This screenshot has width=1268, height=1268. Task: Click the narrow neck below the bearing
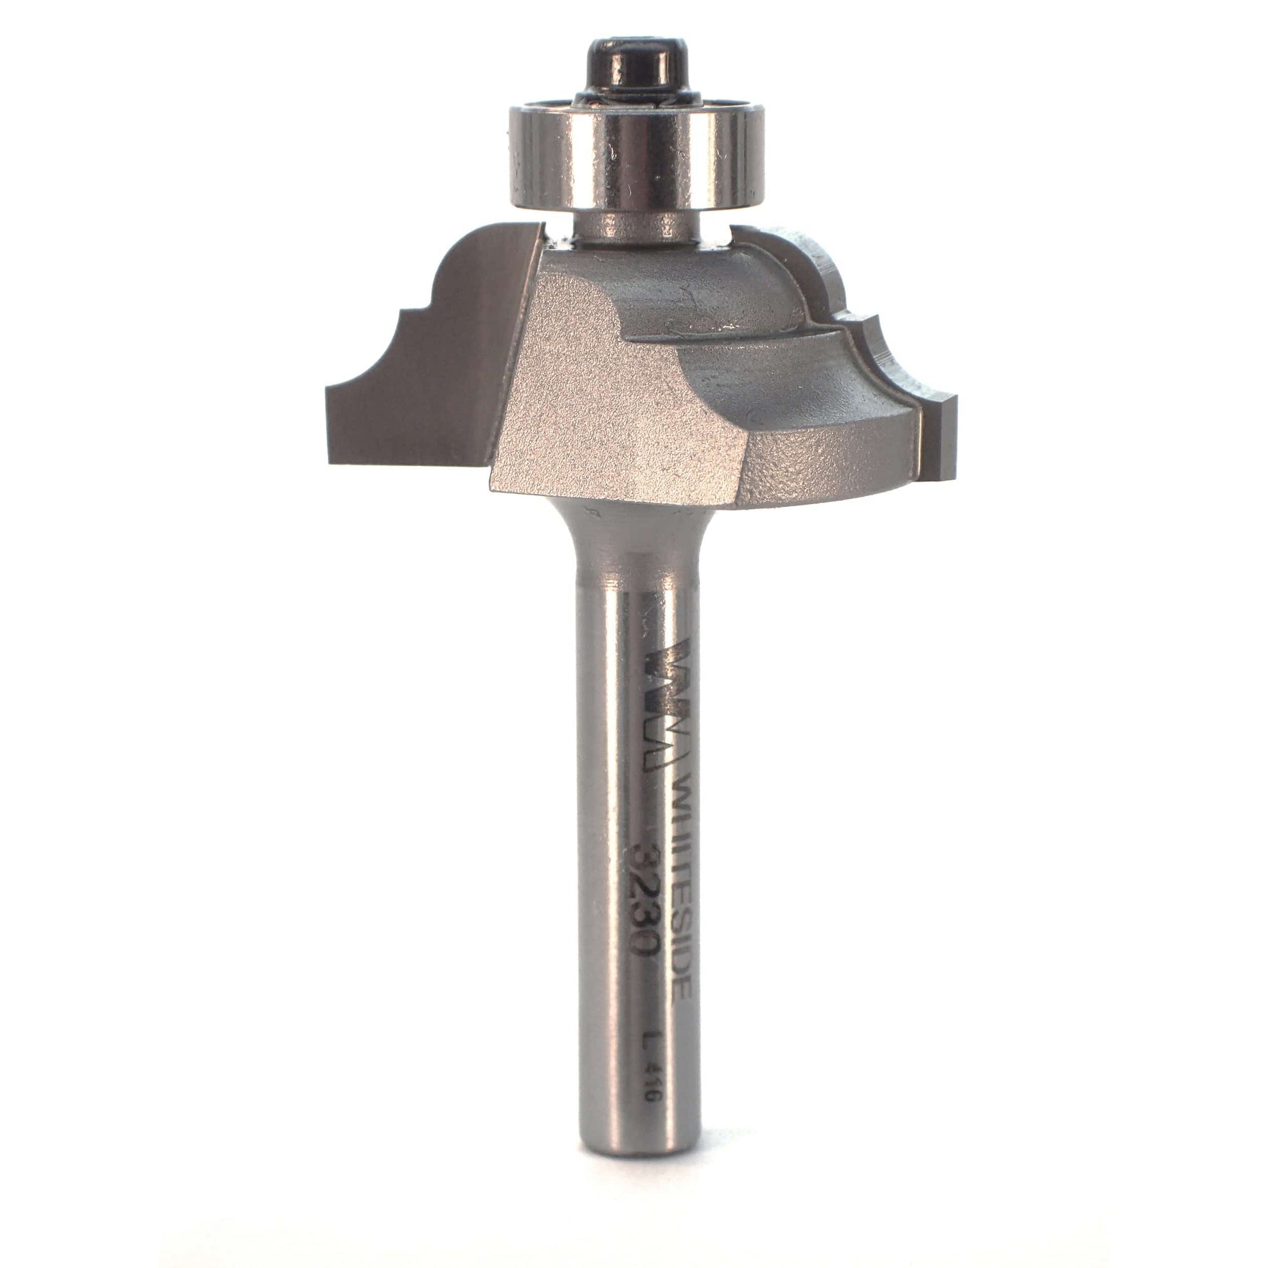pyautogui.click(x=633, y=226)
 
